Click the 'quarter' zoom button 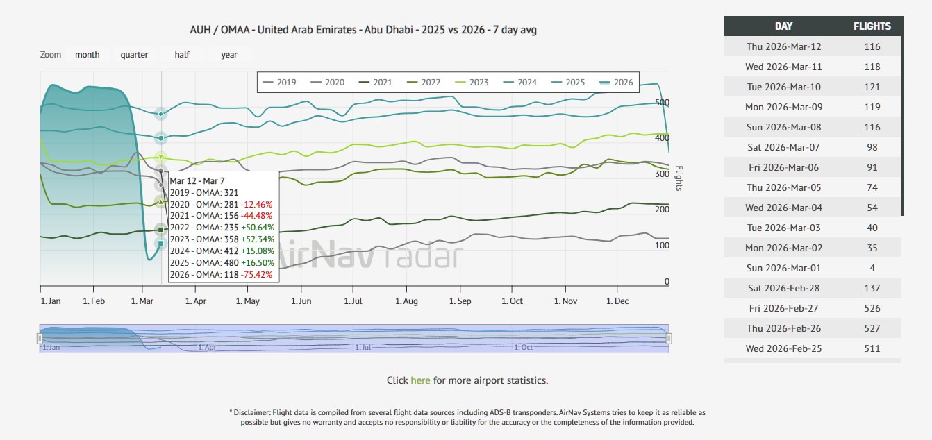coord(134,55)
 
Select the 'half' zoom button coord(182,55)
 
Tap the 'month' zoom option coord(88,55)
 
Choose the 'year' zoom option coord(229,55)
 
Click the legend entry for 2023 coord(472,83)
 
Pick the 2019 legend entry coord(280,83)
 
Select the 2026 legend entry coord(617,83)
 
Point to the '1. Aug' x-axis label coord(406,301)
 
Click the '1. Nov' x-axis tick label coord(565,301)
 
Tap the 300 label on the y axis coord(662,174)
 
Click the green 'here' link coord(420,380)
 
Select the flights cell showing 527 coord(872,328)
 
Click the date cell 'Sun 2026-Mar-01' coord(783,269)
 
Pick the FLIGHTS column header coord(872,26)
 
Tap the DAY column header coord(783,26)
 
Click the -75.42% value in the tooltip coord(257,275)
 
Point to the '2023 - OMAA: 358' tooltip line coord(204,239)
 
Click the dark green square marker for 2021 coord(161,230)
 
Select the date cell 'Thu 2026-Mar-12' coord(783,46)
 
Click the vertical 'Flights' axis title coord(679,178)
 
